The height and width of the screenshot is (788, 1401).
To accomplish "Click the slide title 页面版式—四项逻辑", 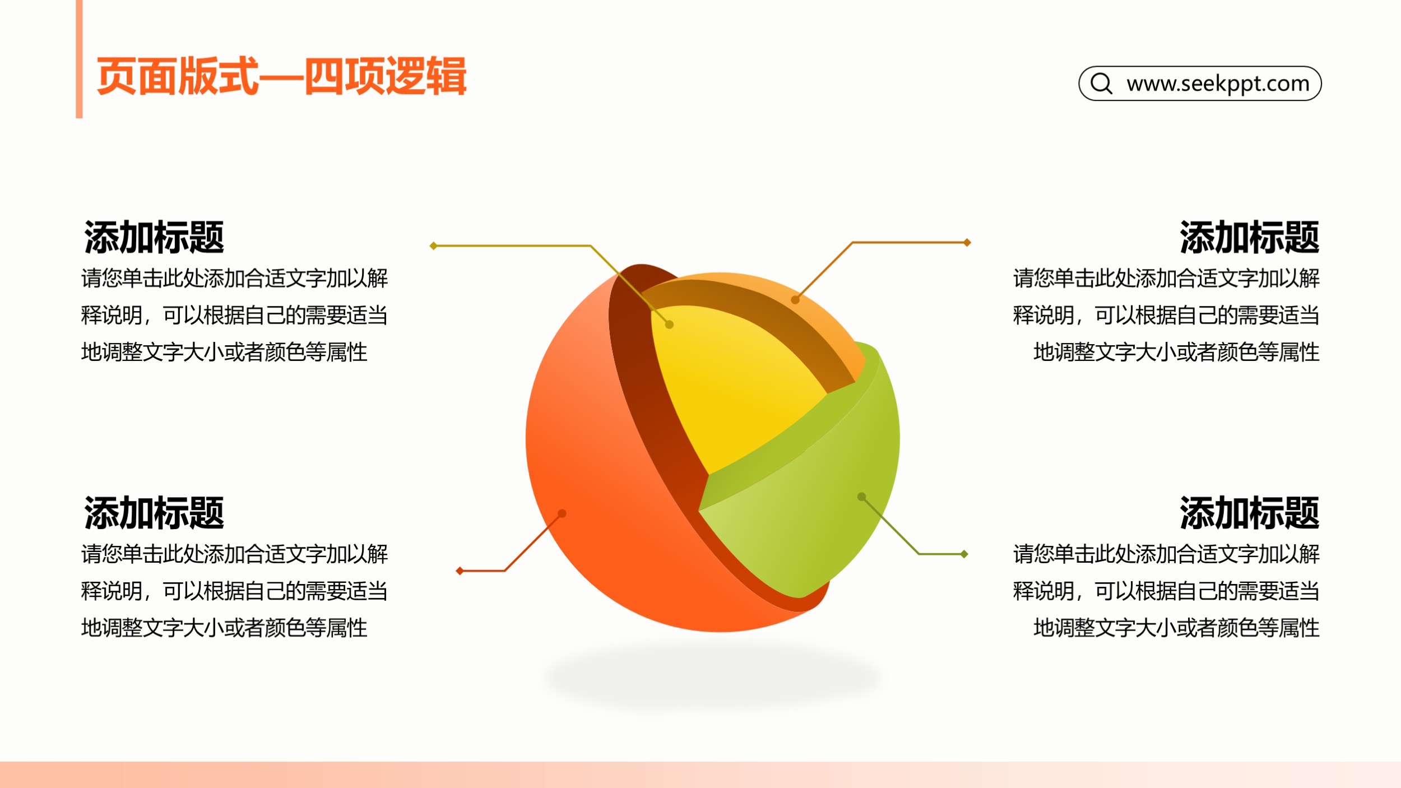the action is pos(281,76).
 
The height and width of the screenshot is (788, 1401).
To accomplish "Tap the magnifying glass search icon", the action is pos(1101,84).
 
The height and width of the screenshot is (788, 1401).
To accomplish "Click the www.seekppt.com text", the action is pos(1218,84).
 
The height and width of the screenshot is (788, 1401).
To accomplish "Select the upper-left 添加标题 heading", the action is pos(154,237).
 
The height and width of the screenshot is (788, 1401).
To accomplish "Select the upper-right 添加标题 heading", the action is pos(1249,237).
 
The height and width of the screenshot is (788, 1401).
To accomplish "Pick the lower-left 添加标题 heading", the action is pos(154,513).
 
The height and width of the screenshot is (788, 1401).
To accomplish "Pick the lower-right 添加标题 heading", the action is pos(1249,513).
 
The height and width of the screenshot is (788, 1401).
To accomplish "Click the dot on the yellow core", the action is pos(669,325).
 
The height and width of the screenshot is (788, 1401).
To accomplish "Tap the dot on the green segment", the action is pos(862,497).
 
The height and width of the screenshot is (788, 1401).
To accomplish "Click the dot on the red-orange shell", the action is pos(562,513).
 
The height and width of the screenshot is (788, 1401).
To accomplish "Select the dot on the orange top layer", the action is pos(795,300).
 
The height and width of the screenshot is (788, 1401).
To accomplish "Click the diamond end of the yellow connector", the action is pos(433,245).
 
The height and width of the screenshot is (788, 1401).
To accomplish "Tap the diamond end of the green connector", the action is pos(964,554).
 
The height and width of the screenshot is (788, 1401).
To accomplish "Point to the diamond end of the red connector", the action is pos(460,571).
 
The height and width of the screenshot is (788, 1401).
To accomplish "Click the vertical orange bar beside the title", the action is pos(79,59).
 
